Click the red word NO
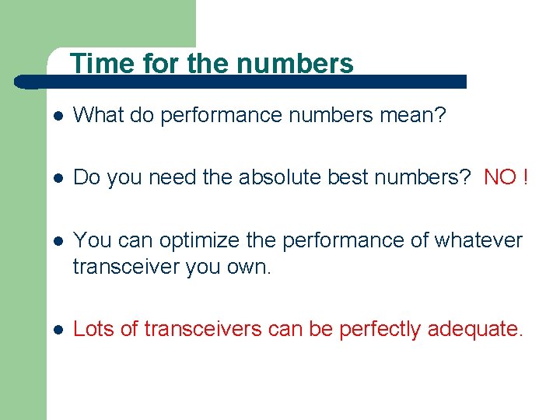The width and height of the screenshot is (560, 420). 500,178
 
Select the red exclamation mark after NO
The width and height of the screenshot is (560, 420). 527,178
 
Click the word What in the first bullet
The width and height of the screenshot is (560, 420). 95,116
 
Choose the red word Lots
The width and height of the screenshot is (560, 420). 94,329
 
